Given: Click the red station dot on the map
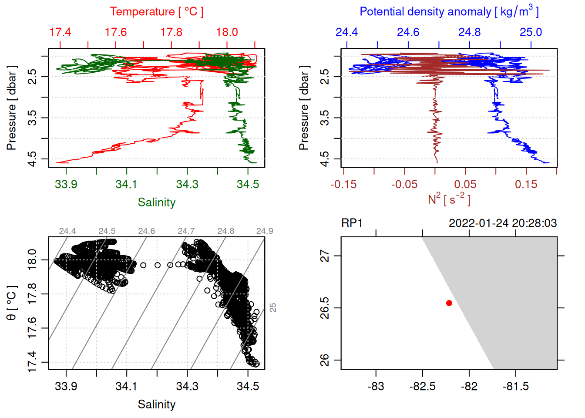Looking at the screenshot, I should click(449, 303).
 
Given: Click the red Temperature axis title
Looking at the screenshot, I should click(156, 12).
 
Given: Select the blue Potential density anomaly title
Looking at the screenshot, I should click(449, 12).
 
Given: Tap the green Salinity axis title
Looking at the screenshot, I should click(156, 202).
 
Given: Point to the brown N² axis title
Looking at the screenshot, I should click(449, 199).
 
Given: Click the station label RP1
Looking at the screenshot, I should click(352, 223).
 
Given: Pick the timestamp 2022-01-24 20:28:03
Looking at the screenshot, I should click(502, 223).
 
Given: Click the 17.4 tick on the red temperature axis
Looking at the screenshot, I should click(60, 33).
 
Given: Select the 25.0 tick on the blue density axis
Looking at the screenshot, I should click(531, 33).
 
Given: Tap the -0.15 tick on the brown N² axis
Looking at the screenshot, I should click(343, 185).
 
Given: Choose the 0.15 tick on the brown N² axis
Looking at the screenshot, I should click(526, 185).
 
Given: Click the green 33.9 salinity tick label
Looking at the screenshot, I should click(66, 185).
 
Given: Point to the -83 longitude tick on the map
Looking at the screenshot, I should click(376, 387).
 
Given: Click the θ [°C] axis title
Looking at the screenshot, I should click(12, 303).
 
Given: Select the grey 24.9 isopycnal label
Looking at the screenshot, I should click(265, 231).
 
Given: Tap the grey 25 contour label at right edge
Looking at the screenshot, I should click(273, 307).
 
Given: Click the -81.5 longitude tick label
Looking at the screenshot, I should click(516, 387).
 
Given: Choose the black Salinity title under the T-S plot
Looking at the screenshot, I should click(156, 405).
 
